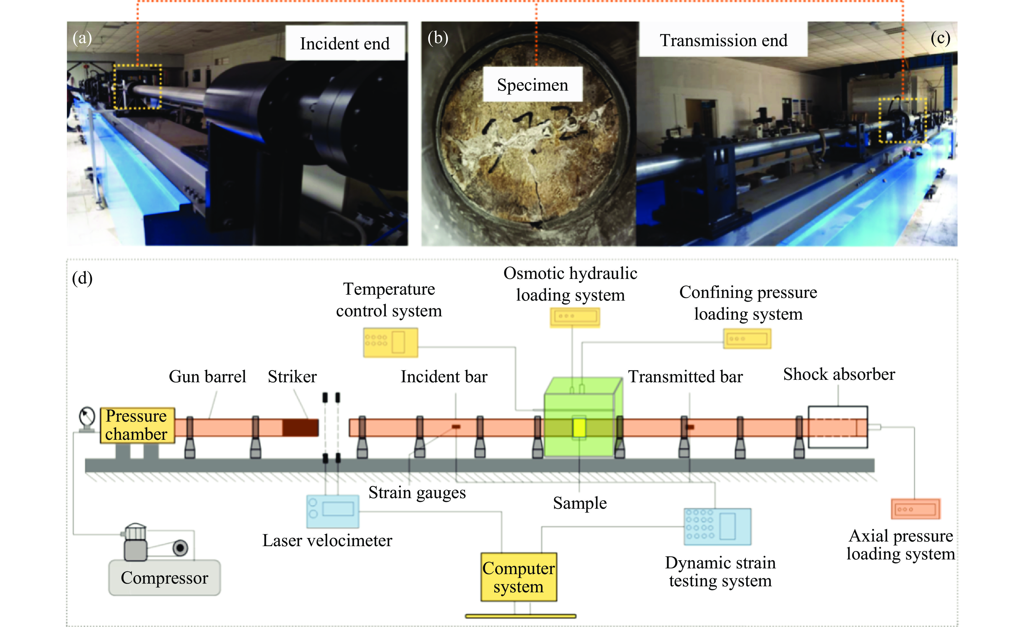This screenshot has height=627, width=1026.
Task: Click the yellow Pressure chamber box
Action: (x=137, y=425)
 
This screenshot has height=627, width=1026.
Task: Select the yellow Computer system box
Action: (x=518, y=577)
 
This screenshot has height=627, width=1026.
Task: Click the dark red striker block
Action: (x=300, y=428)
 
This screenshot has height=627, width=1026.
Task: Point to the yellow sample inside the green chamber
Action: (x=579, y=428)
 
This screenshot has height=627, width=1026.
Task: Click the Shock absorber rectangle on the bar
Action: (x=838, y=427)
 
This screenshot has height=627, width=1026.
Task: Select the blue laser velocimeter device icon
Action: (x=332, y=511)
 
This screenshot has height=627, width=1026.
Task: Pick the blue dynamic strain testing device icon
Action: (x=717, y=526)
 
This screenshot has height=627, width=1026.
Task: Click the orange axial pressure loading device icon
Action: (x=915, y=509)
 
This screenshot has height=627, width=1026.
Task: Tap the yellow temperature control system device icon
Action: (x=390, y=342)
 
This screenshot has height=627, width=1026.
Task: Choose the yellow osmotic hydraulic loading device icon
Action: (x=575, y=317)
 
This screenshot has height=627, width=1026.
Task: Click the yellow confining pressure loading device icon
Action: (x=747, y=339)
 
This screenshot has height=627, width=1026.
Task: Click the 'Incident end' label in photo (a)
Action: (x=345, y=43)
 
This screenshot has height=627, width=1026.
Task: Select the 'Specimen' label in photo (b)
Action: (x=532, y=85)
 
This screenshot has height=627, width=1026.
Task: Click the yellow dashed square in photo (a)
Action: (x=137, y=87)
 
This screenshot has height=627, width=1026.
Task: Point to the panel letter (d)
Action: (x=82, y=278)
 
